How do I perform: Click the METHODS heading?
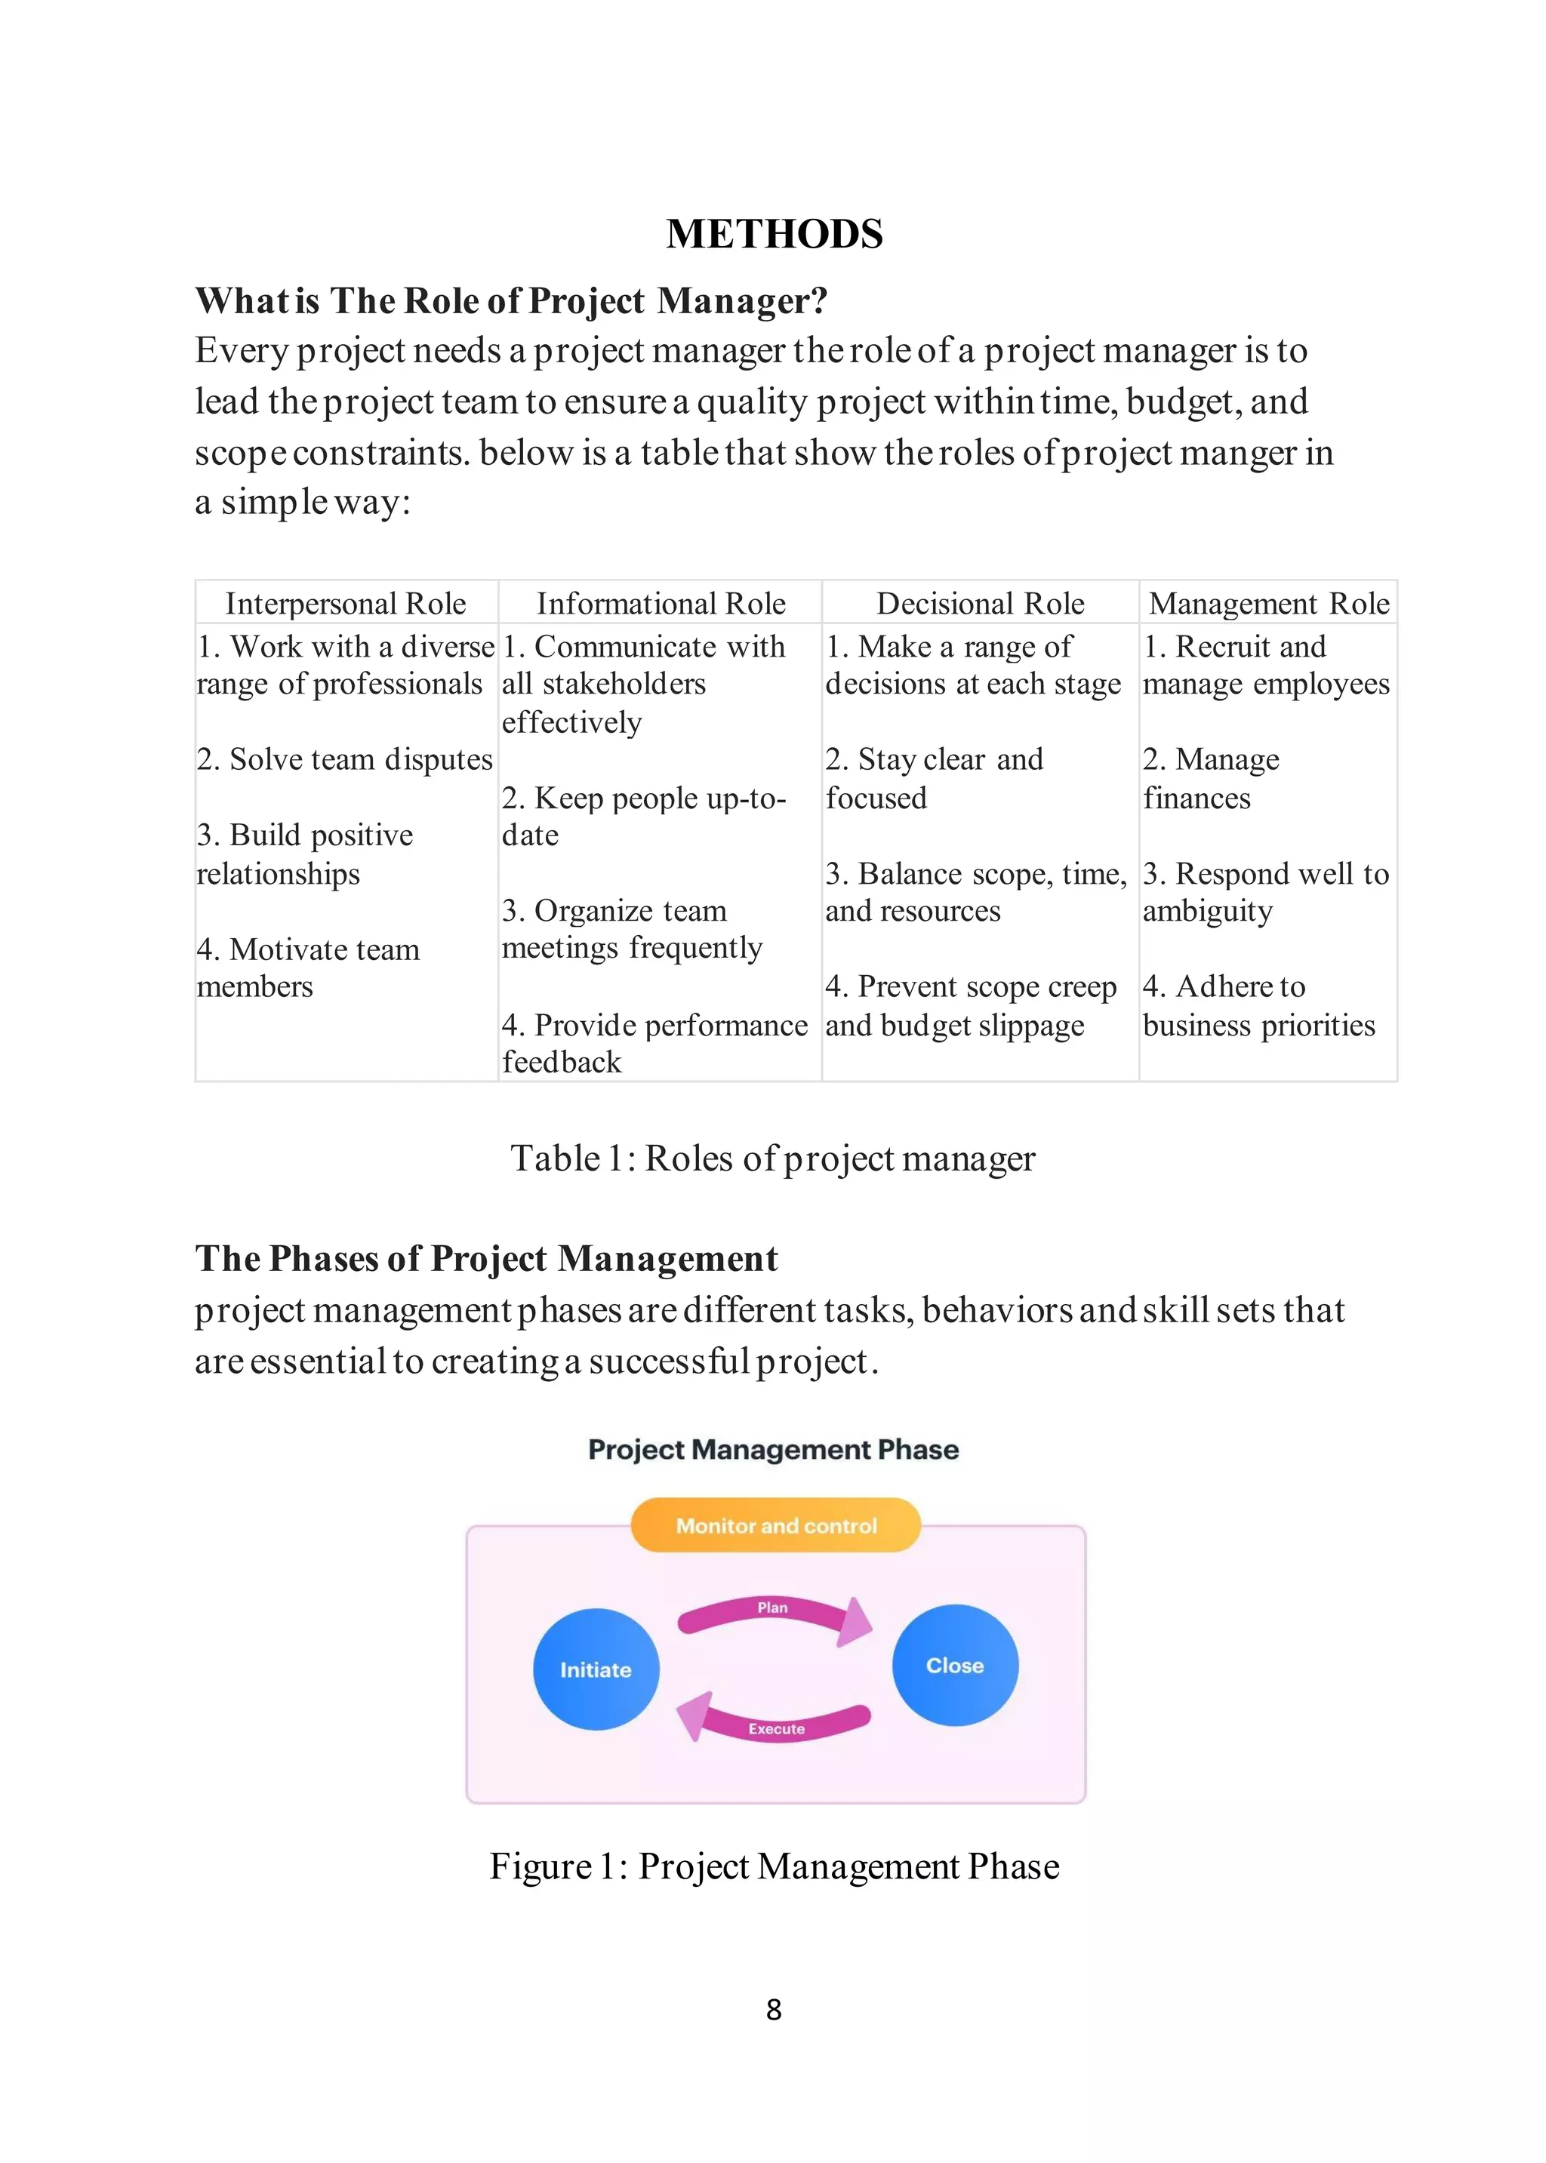click(x=774, y=234)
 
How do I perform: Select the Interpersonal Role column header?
click(x=346, y=603)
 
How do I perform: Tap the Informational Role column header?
click(x=661, y=603)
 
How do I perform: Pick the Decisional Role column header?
click(x=980, y=603)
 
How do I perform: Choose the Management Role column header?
click(x=1268, y=603)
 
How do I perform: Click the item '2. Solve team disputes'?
click(x=345, y=759)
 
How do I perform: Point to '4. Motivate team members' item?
click(x=307, y=968)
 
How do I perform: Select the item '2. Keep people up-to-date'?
click(x=643, y=817)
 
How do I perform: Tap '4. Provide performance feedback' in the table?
click(x=654, y=1043)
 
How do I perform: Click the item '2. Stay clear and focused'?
click(x=934, y=778)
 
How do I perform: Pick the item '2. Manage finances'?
click(x=1211, y=778)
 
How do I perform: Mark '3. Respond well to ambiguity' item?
click(x=1265, y=891)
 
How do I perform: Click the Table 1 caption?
click(x=772, y=1158)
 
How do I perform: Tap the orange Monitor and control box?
click(x=776, y=1525)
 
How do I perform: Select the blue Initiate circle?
click(x=596, y=1669)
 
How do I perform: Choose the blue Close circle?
click(x=955, y=1666)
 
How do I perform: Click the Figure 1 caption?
click(x=774, y=1866)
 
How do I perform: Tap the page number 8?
click(x=774, y=2009)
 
